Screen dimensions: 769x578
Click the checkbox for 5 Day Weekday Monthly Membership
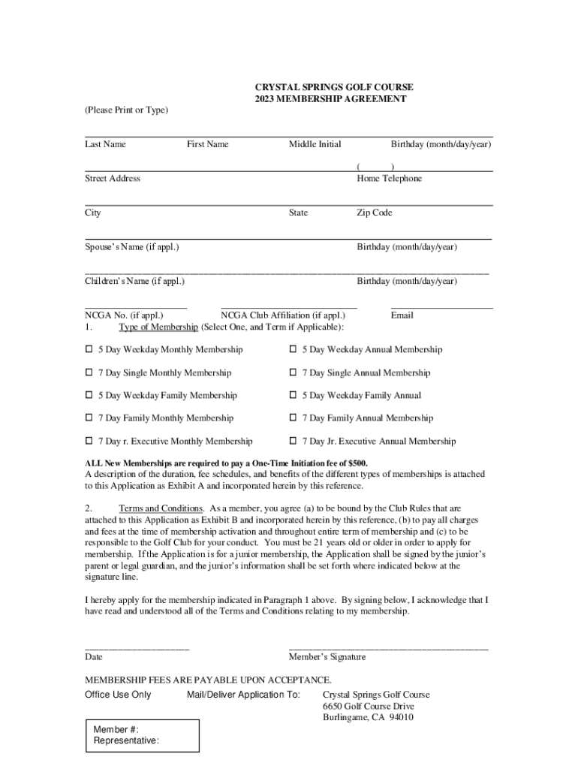pos(89,349)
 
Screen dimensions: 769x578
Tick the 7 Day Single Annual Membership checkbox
pos(294,372)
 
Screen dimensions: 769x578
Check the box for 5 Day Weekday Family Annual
pos(294,395)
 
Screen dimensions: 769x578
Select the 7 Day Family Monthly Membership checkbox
pos(89,418)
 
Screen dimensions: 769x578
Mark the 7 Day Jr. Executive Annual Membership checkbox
pos(294,441)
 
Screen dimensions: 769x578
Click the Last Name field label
pos(105,144)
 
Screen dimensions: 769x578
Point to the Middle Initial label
pos(315,144)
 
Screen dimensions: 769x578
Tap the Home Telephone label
pos(389,179)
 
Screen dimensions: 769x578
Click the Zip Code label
pos(374,213)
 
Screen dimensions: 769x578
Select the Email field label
pos(402,315)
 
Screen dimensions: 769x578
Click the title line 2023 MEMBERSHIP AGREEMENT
pos(330,99)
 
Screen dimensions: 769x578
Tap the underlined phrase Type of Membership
pos(158,327)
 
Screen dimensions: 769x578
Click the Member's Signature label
pos(327,657)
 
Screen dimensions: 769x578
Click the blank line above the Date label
pos(137,647)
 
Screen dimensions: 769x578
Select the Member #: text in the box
pos(116,730)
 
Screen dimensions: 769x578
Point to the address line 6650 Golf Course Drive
pos(368,707)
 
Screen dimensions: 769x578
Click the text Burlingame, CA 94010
pos(368,718)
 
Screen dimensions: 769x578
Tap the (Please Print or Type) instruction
pos(126,110)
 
